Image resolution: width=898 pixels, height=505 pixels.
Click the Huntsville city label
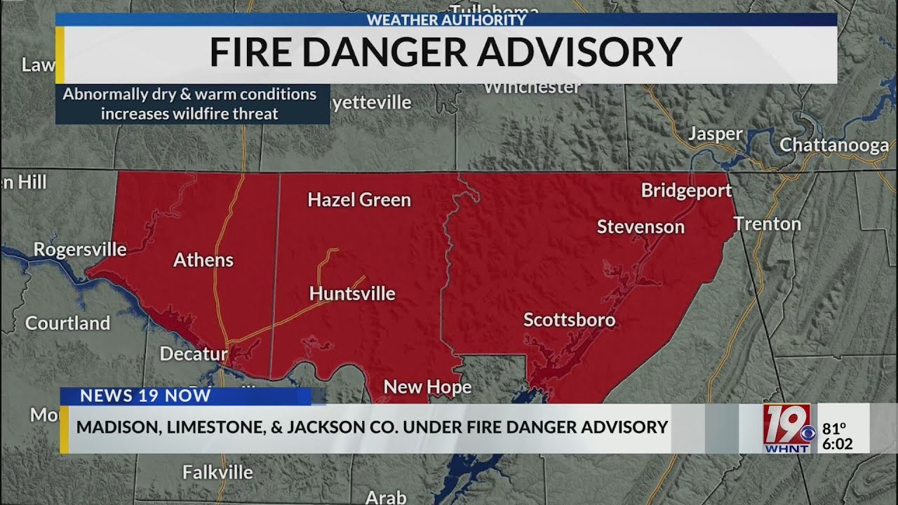tap(352, 293)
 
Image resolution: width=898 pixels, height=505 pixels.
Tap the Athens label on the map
tap(203, 260)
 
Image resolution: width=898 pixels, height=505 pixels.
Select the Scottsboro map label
tap(569, 321)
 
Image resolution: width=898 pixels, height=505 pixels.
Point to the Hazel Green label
tap(359, 200)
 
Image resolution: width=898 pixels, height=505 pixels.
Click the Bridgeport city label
tap(686, 190)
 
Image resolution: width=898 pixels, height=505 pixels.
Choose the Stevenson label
tap(641, 227)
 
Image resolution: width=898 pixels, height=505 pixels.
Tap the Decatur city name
tap(194, 353)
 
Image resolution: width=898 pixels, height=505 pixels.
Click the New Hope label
tap(427, 387)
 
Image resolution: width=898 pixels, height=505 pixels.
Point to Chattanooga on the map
tap(834, 145)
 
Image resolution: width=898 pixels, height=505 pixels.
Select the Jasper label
tap(715, 134)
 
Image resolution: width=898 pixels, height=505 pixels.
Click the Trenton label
tap(767, 224)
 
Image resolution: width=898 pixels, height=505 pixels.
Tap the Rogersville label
tap(80, 249)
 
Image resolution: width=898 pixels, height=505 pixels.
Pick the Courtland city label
tap(67, 323)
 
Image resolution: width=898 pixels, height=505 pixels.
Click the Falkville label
tap(217, 473)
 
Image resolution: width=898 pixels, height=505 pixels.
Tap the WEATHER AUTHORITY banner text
tap(446, 20)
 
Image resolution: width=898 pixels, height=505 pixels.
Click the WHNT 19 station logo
tap(787, 428)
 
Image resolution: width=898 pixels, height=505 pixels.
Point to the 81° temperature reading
tap(834, 427)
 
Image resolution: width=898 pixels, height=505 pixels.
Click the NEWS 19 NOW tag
tap(145, 396)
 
